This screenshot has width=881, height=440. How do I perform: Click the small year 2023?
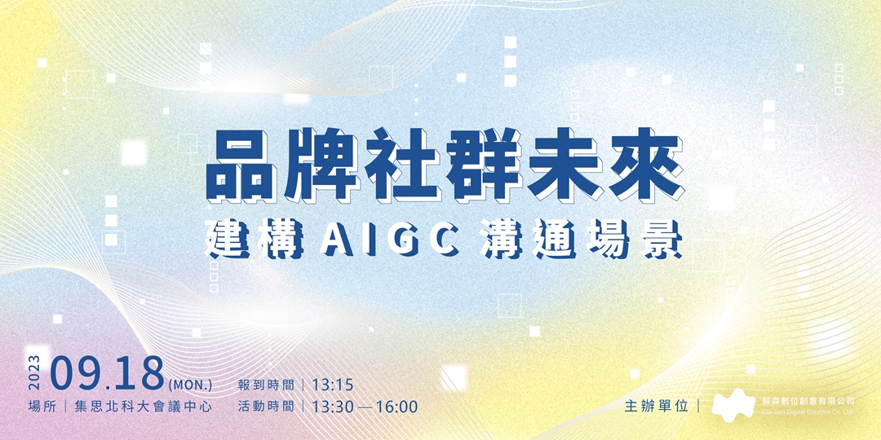pos(35,373)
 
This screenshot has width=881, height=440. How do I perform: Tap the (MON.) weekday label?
pos(190,382)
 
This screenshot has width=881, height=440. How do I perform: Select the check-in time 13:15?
pos(332,384)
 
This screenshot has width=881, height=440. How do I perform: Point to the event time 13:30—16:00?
pos(364,406)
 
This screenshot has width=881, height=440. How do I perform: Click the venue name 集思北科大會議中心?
pos(143,406)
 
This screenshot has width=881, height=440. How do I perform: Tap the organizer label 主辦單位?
pos(656,406)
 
